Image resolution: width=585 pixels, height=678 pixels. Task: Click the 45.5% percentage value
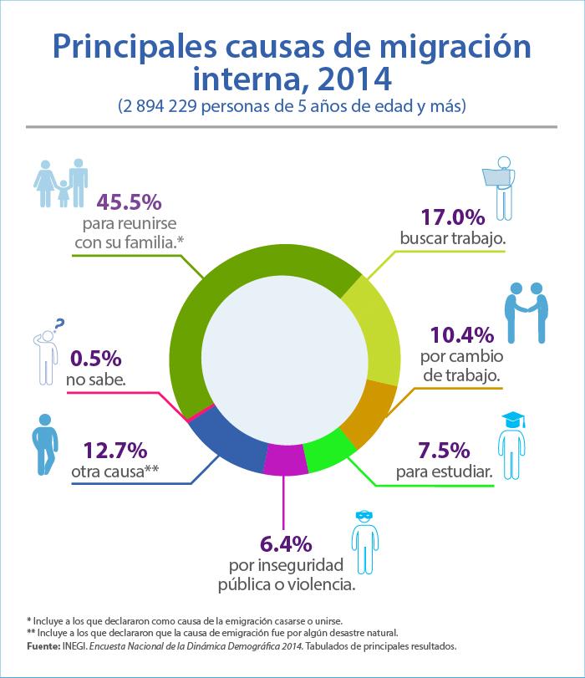tap(129, 202)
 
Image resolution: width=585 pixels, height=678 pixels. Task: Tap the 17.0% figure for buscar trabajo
tap(453, 217)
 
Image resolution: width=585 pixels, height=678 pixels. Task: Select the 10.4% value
tap(462, 335)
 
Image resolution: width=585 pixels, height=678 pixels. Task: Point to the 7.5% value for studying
tap(444, 450)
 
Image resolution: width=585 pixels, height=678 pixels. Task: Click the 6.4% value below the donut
tap(286, 544)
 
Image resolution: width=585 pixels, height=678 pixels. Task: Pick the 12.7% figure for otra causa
tap(115, 450)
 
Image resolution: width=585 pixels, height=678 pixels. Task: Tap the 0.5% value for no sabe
tap(95, 359)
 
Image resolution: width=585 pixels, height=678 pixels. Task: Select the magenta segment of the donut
tap(284, 460)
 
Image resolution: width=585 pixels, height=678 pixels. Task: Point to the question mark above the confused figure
tap(59, 324)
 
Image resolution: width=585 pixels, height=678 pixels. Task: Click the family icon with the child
tap(61, 183)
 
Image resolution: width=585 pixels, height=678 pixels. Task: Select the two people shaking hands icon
tap(526, 313)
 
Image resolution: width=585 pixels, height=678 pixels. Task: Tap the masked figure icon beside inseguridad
tap(365, 543)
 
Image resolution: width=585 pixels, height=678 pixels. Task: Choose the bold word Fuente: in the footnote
tap(43, 646)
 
